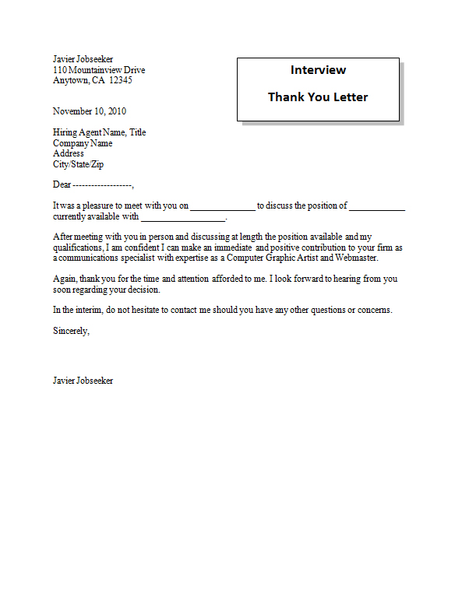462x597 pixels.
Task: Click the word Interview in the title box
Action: [318, 70]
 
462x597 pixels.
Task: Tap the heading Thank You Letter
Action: [318, 97]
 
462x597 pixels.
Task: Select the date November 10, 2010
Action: [90, 111]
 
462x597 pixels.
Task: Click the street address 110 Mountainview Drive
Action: [99, 70]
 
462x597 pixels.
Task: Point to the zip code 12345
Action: [121, 80]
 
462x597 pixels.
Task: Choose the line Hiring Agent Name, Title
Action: [99, 132]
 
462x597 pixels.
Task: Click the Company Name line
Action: [83, 143]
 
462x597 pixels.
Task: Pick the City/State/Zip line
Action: [78, 164]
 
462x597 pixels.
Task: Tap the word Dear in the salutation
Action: [62, 185]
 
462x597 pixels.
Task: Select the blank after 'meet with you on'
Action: [222, 207]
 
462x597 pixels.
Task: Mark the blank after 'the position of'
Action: [377, 207]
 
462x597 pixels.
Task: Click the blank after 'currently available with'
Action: [183, 218]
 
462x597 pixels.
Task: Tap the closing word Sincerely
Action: [71, 330]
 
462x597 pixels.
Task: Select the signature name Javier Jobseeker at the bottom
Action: [83, 381]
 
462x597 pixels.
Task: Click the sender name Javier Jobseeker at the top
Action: [83, 59]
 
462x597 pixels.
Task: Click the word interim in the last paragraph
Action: [86, 309]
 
